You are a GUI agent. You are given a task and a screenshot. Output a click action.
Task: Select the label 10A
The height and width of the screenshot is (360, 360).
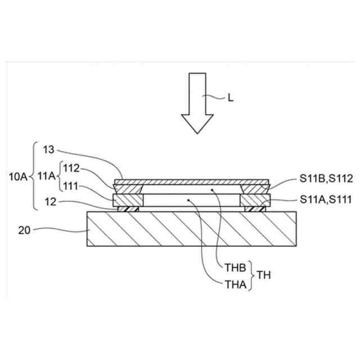19,177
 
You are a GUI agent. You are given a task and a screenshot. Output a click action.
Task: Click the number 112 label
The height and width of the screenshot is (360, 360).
71,167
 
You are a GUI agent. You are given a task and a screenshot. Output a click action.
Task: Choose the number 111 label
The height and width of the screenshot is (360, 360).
71,186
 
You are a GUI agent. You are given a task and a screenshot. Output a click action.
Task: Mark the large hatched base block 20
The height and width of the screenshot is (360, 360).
191,229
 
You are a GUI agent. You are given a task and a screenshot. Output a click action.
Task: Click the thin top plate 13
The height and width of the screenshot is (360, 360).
191,182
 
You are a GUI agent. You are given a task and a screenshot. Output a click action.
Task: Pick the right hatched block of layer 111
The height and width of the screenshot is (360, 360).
255,200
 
